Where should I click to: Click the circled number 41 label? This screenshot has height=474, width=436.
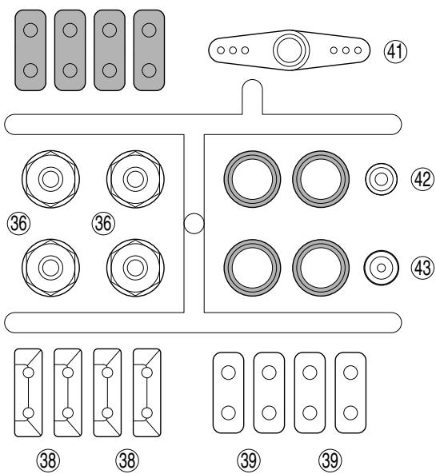click(x=395, y=51)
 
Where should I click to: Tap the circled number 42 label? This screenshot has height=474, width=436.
click(x=422, y=179)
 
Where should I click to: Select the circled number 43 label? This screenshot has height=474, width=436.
click(x=422, y=268)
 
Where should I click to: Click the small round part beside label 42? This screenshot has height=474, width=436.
click(x=382, y=179)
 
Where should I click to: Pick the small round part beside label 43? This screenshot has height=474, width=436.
click(x=382, y=268)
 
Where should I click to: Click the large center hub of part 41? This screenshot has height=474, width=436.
click(x=291, y=50)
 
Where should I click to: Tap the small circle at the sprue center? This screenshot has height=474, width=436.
click(x=194, y=223)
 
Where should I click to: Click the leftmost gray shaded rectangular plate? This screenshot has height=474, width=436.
click(x=30, y=50)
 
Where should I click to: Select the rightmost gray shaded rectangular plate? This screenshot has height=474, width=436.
click(x=149, y=50)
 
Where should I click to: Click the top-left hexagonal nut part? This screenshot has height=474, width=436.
click(x=50, y=179)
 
